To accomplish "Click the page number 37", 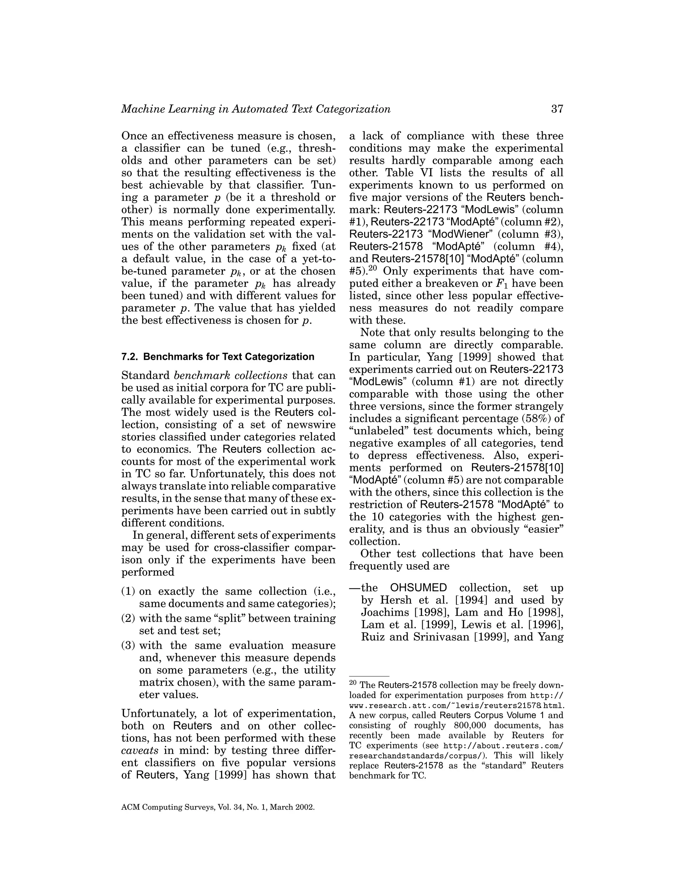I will tap(557, 109).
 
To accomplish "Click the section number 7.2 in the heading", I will tap(130, 357).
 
